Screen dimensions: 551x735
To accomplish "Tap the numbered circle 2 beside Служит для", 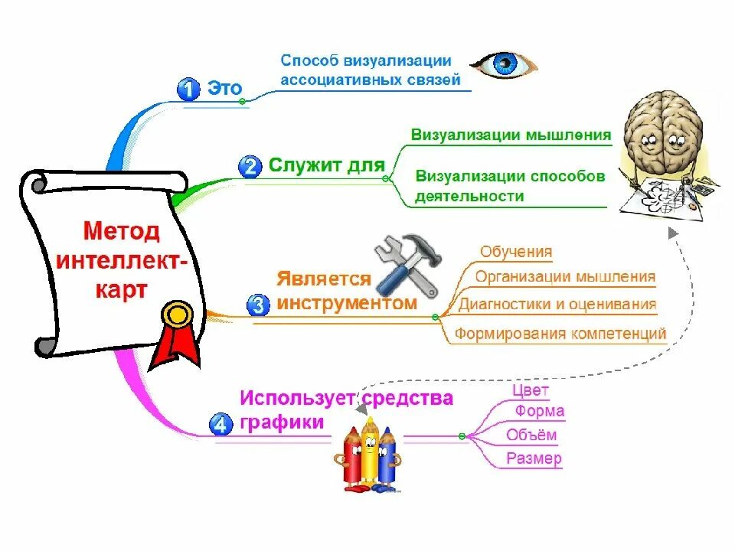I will pos(250,166).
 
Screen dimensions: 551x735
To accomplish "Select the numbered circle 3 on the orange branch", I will pos(258,305).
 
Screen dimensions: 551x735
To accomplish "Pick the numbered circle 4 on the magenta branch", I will pos(220,424).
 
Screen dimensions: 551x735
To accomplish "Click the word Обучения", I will pos(516,252).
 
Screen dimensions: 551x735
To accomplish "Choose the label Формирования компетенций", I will pos(560,334).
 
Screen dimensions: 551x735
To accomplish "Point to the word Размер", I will pos(534,459).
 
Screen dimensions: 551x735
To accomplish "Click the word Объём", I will pos(531,435).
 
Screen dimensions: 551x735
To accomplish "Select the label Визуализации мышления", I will pos(511,135).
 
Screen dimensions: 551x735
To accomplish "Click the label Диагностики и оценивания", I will pos(557,304).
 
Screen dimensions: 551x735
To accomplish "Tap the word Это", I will pos(224,89).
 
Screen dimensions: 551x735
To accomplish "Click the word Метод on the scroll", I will pos(122,231).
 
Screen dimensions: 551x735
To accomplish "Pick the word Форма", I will pos(540,411).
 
